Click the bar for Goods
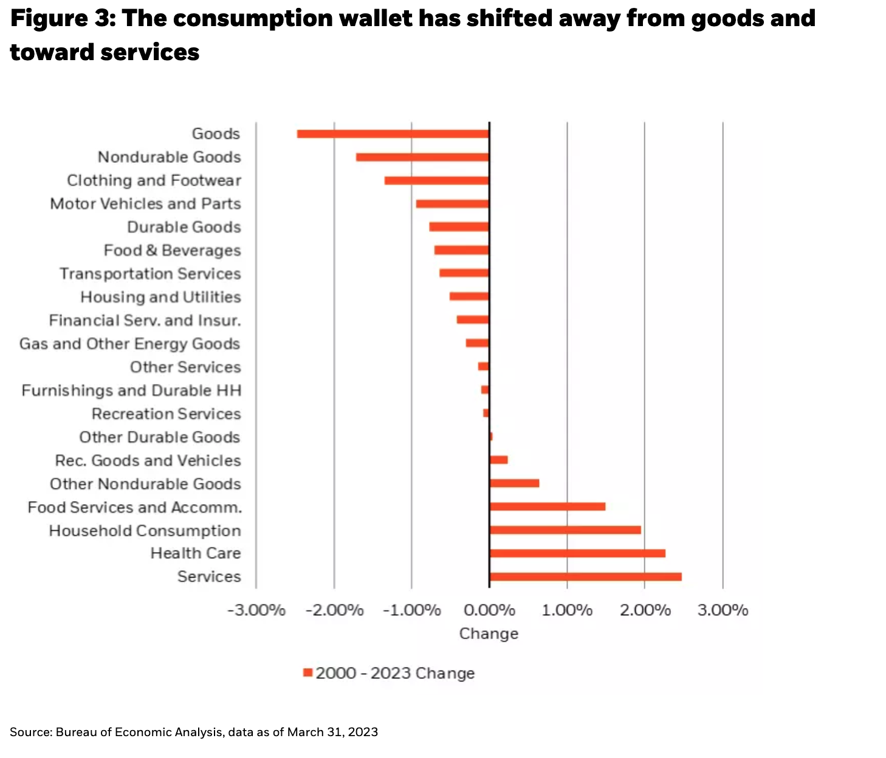393,134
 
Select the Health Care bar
577,553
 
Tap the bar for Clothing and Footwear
436,180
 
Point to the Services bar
585,576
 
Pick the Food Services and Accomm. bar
547,507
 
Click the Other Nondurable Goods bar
514,483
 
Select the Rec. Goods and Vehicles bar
498,460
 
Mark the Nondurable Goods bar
422,157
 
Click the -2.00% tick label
334,610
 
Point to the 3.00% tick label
723,610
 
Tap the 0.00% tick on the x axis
489,610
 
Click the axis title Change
489,633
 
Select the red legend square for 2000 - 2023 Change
307,673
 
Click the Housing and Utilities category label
160,297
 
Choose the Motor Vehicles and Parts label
145,203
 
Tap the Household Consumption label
145,530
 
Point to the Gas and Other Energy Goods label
129,344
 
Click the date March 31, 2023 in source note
332,732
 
